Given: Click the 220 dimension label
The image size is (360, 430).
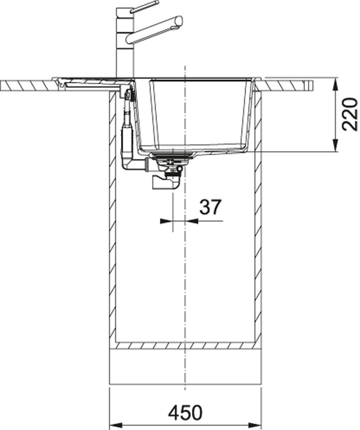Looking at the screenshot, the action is click(x=350, y=114).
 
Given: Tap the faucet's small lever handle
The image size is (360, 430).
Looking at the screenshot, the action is click(x=144, y=6).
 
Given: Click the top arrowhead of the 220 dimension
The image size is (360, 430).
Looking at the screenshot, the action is click(x=335, y=83).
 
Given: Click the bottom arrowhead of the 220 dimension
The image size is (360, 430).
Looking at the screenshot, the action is click(x=335, y=145).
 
